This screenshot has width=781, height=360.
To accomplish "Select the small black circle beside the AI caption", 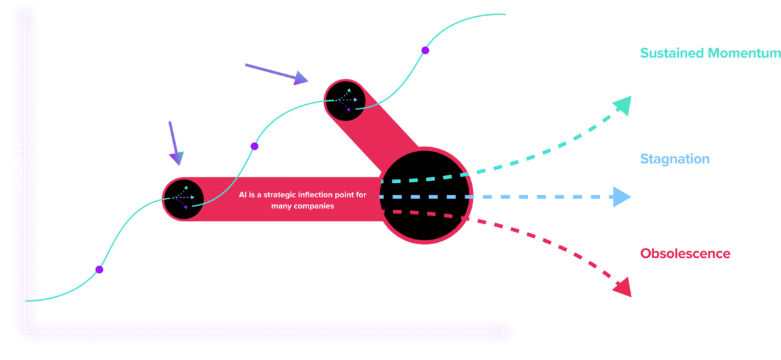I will (x=184, y=198).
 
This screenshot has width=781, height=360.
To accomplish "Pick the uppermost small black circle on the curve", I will (x=345, y=100).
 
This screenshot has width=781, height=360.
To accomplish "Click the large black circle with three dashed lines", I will (x=424, y=195).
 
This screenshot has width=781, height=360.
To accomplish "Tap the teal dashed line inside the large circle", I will (x=423, y=179).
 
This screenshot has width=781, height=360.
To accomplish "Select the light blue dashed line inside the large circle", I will (x=423, y=196).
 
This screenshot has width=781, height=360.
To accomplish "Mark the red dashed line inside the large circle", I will (x=423, y=214).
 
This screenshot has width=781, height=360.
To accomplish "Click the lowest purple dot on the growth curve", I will (x=99, y=269).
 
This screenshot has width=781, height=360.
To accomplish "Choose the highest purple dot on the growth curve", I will (x=424, y=50).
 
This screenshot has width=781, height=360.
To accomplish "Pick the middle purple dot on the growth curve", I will (x=254, y=146).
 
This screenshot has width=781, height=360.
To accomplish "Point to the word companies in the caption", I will (x=312, y=206).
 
